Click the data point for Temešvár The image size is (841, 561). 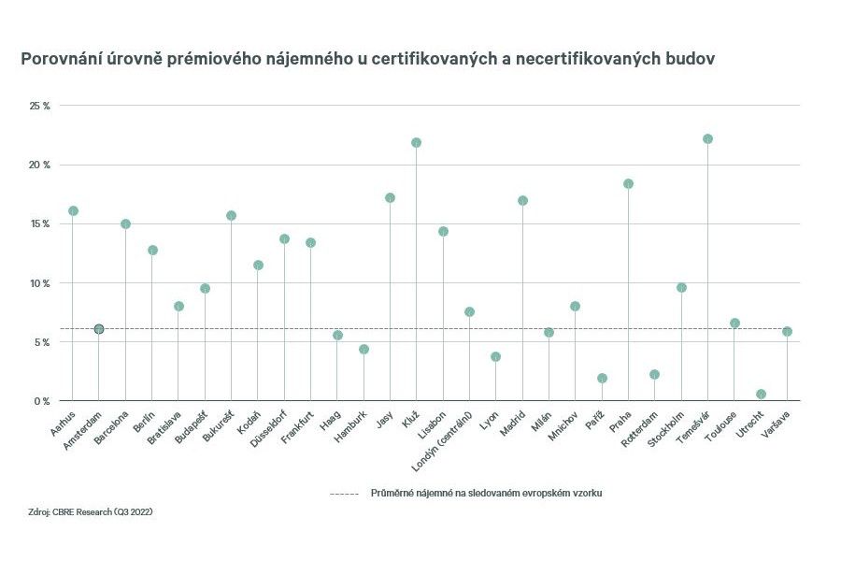pos(707,138)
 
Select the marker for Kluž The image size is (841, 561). pos(416,142)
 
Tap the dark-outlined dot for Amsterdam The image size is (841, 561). pos(99,329)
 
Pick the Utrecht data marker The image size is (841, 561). pos(761,394)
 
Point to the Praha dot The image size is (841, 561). pos(628,183)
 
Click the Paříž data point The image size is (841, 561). pos(602,378)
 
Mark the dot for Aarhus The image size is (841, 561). pos(73,210)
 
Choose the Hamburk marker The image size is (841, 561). pos(363,349)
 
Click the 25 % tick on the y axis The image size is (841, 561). pos(40,106)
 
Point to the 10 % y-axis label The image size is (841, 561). pos(40,282)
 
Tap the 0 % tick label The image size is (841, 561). pos(43,400)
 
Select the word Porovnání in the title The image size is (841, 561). pos(60,59)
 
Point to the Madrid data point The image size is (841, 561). pos(522,200)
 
